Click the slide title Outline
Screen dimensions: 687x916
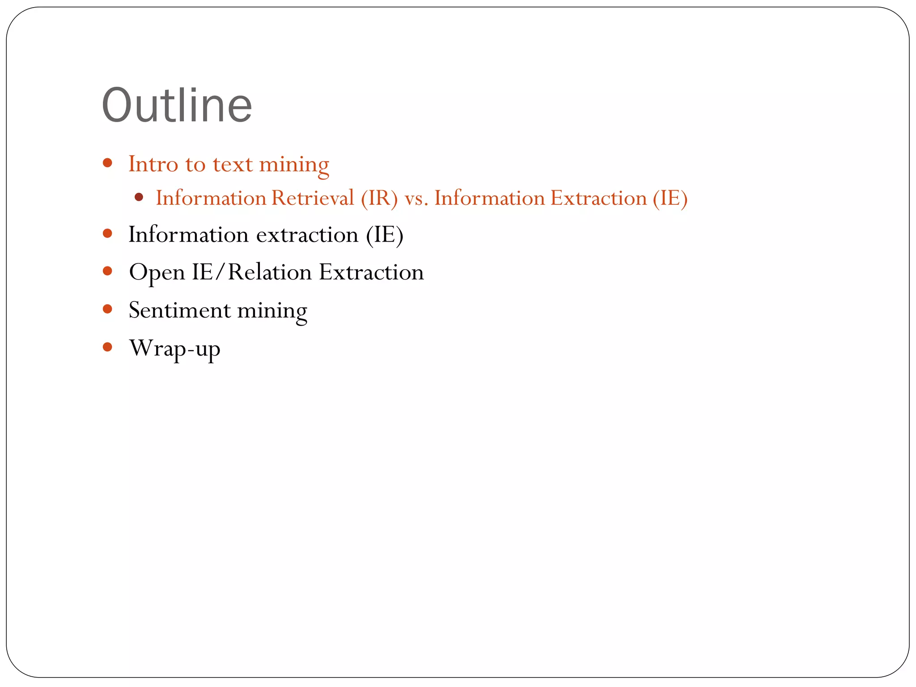[x=177, y=106]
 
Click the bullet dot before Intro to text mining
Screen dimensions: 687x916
[x=107, y=163]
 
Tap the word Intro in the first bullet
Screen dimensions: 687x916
[x=153, y=164]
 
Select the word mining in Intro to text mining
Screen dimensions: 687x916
[x=294, y=165]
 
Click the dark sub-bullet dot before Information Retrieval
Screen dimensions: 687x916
[x=139, y=197]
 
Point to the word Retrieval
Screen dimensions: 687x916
[x=313, y=198]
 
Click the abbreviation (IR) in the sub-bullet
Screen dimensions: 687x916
[x=379, y=198]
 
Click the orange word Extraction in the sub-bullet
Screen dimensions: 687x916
[x=598, y=198]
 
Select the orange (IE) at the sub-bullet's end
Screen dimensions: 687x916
[x=670, y=198]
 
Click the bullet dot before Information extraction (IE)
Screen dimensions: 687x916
[x=107, y=233]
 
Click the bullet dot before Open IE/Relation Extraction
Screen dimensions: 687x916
[x=107, y=271]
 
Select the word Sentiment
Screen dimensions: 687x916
[x=179, y=310]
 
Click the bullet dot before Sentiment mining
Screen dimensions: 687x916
[x=107, y=309]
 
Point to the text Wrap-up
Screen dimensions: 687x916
[x=174, y=348]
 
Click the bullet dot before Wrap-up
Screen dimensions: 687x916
[x=107, y=347]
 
